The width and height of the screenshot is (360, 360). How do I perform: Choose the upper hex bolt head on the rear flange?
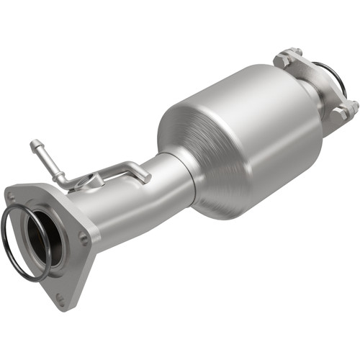point(294,53)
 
